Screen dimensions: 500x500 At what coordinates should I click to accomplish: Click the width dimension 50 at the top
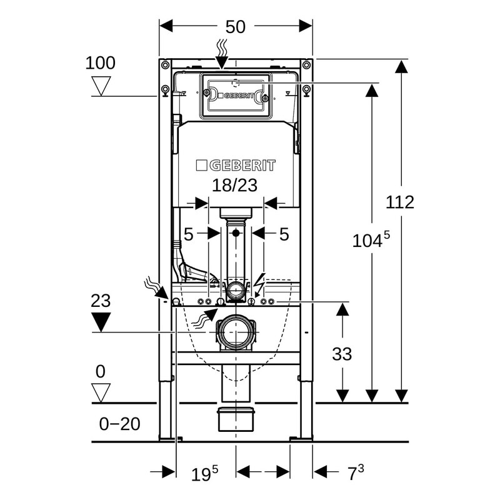click(236, 26)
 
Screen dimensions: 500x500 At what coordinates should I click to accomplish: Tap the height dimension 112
click(400, 202)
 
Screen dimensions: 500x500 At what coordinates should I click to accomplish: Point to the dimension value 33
click(342, 354)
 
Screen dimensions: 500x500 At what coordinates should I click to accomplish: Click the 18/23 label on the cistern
click(234, 185)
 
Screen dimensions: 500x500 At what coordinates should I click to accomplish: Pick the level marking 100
click(101, 62)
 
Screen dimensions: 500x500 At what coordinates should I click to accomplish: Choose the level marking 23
click(101, 300)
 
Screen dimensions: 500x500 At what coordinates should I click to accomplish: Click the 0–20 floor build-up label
click(120, 424)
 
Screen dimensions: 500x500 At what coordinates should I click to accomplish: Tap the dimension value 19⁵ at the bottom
click(205, 473)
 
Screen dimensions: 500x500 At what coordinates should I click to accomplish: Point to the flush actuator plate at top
click(236, 95)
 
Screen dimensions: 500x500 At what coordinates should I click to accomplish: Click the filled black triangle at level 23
click(101, 322)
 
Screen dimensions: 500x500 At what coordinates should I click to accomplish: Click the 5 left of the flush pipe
click(189, 234)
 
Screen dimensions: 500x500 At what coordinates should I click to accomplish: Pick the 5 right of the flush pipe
click(284, 234)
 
